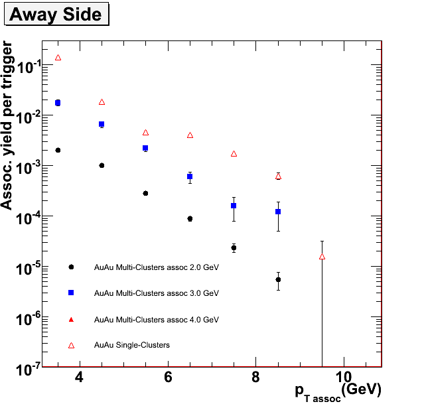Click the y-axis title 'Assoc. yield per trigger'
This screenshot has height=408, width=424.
click(x=8, y=125)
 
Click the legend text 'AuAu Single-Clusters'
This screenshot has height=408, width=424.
click(x=132, y=345)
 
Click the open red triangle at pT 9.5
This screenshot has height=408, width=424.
click(x=322, y=256)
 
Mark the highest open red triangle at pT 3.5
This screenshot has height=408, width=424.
click(x=58, y=58)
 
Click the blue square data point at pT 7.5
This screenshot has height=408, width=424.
click(x=234, y=206)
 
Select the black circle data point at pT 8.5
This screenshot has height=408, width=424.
click(x=278, y=279)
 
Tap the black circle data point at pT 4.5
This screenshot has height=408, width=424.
click(x=102, y=165)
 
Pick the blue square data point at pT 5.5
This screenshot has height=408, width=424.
click(x=145, y=148)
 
